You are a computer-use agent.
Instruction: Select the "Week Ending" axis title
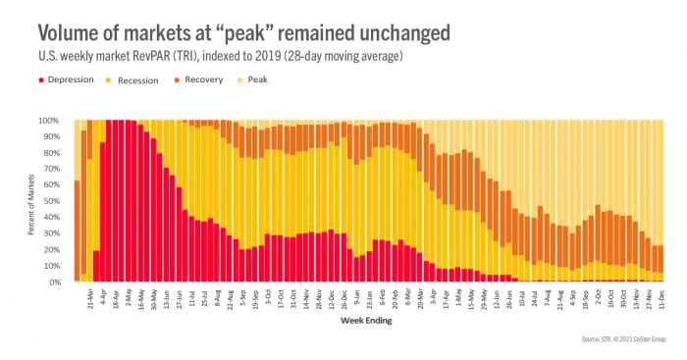click(x=368, y=319)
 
